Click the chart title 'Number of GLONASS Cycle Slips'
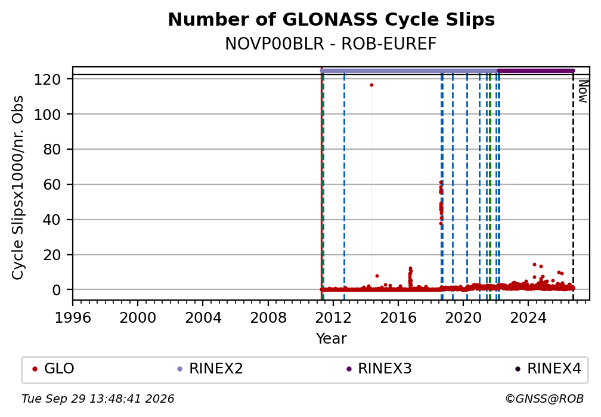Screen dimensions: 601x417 [331, 20]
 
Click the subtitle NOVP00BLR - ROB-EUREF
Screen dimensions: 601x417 [331, 44]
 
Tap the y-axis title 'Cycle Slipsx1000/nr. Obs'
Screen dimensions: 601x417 [18, 187]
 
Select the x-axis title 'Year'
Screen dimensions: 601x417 [331, 338]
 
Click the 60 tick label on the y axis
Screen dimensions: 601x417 [52, 184]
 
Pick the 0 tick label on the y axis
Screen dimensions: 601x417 [57, 290]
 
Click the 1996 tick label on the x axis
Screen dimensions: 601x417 [73, 317]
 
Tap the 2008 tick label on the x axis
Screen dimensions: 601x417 [268, 317]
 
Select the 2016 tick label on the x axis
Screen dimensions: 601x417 [398, 317]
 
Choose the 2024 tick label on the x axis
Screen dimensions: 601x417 [528, 317]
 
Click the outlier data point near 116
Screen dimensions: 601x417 [371, 85]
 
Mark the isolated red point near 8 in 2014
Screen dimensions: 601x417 [377, 276]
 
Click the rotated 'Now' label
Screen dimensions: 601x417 [583, 91]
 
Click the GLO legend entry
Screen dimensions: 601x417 [53, 369]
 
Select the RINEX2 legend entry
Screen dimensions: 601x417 [210, 369]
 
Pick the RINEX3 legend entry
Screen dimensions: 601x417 [379, 369]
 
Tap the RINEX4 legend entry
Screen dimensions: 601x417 [548, 369]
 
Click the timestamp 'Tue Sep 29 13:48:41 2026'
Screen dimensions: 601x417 [98, 399]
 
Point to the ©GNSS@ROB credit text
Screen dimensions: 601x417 [544, 399]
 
